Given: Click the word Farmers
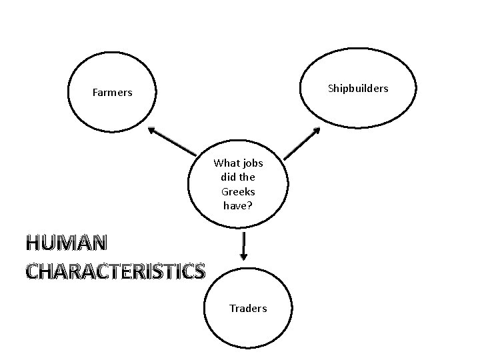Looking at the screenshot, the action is pos(112,93).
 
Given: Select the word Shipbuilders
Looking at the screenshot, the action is pos(357,88).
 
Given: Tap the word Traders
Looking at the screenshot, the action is pos(247,308).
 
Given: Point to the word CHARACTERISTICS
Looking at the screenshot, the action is pos(115,271).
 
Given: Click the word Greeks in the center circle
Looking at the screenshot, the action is pos(238,191).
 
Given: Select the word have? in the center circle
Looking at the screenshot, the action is pos(238,206).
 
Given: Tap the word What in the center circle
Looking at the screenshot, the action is pos(227,163).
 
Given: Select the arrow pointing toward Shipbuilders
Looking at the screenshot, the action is pos(302,143).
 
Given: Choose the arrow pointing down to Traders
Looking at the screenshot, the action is pos(243,246).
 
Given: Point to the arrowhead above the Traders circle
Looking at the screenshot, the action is pos(243,257).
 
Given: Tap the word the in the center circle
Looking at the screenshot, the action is pos(247,177).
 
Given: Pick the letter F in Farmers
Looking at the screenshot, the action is pos(95,93).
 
